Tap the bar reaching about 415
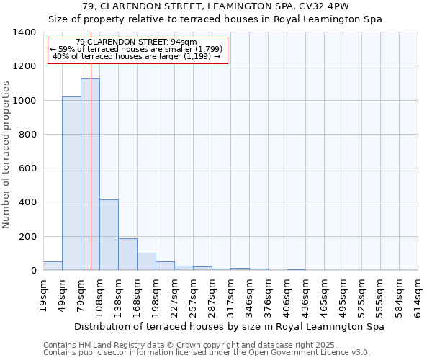tap(109, 235)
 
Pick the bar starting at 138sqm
tap(127, 254)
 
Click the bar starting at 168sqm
tap(146, 261)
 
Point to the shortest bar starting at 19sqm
tap(53, 266)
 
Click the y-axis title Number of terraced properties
tap(6, 154)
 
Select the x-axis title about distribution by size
tap(229, 326)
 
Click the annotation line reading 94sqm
tap(137, 42)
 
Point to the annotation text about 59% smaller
tap(137, 49)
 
